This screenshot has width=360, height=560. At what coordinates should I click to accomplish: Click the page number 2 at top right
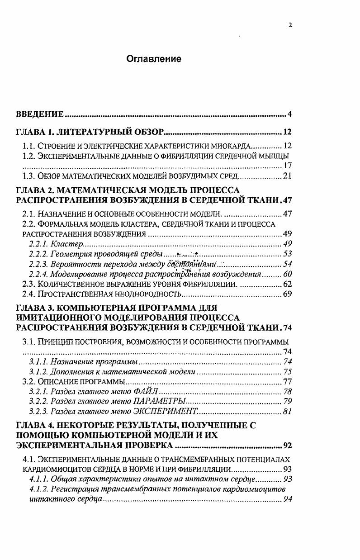pos(290,25)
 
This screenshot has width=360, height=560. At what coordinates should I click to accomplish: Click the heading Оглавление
pos(153,59)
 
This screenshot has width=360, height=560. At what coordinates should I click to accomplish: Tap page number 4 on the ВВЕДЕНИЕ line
pos(289,113)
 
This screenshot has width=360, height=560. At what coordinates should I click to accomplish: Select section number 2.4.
pos(28,294)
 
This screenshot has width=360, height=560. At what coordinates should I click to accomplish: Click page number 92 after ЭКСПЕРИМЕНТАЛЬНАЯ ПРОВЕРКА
pos(287,445)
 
